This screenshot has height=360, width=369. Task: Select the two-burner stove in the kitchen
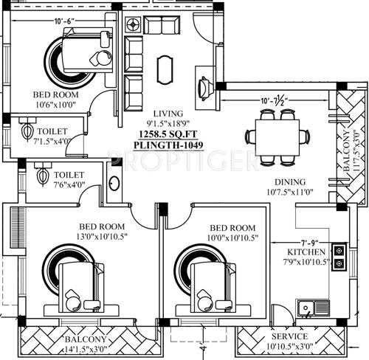pyautogui.click(x=339, y=256)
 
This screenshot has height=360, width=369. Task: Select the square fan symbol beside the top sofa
pyautogui.click(x=135, y=24)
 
